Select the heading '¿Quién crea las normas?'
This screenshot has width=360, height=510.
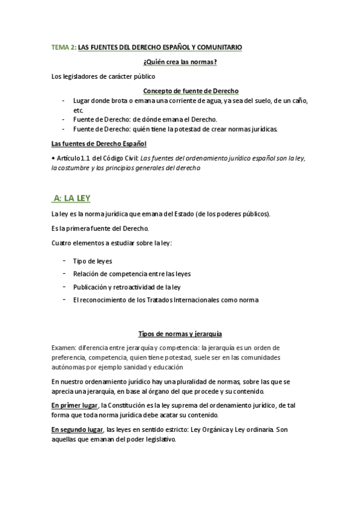(x=180, y=62)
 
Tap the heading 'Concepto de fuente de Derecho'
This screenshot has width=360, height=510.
(x=191, y=91)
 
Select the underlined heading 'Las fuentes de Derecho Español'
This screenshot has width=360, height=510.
(x=99, y=144)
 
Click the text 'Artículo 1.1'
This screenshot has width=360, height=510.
(x=75, y=158)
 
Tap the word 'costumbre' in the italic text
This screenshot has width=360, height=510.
(x=77, y=168)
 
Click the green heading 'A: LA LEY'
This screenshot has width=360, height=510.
(x=72, y=198)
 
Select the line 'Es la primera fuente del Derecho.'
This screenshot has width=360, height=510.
(x=100, y=229)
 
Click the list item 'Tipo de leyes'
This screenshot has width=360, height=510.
(x=93, y=261)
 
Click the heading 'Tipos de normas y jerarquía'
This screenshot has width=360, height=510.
(x=180, y=334)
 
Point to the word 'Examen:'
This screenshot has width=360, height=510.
(x=63, y=348)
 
